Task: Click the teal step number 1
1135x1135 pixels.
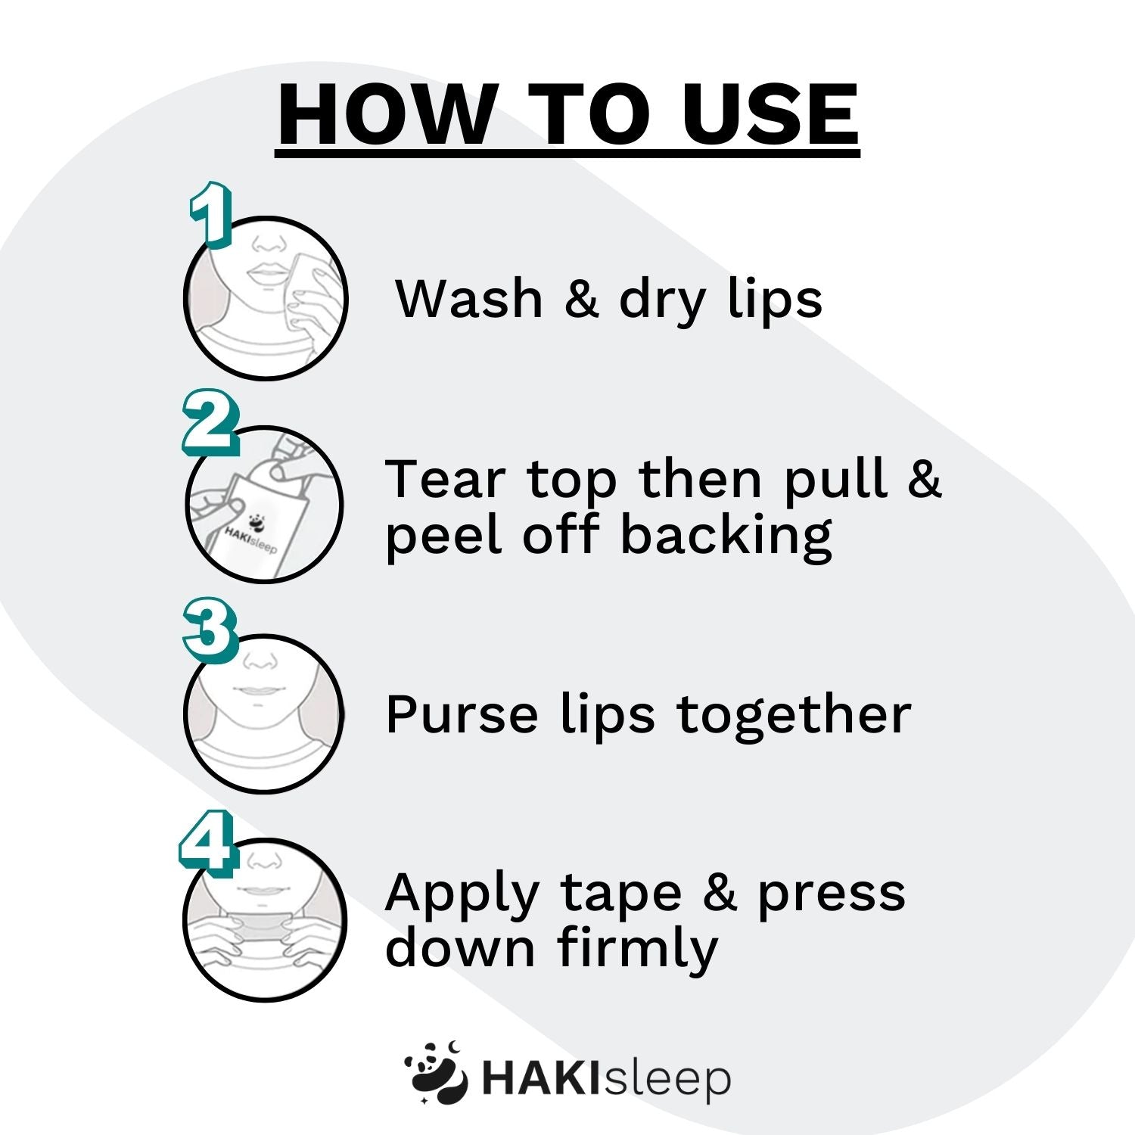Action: pyautogui.click(x=210, y=214)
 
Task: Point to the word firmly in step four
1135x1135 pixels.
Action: pyautogui.click(x=637, y=949)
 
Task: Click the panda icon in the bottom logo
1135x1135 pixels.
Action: pyautogui.click(x=436, y=1074)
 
